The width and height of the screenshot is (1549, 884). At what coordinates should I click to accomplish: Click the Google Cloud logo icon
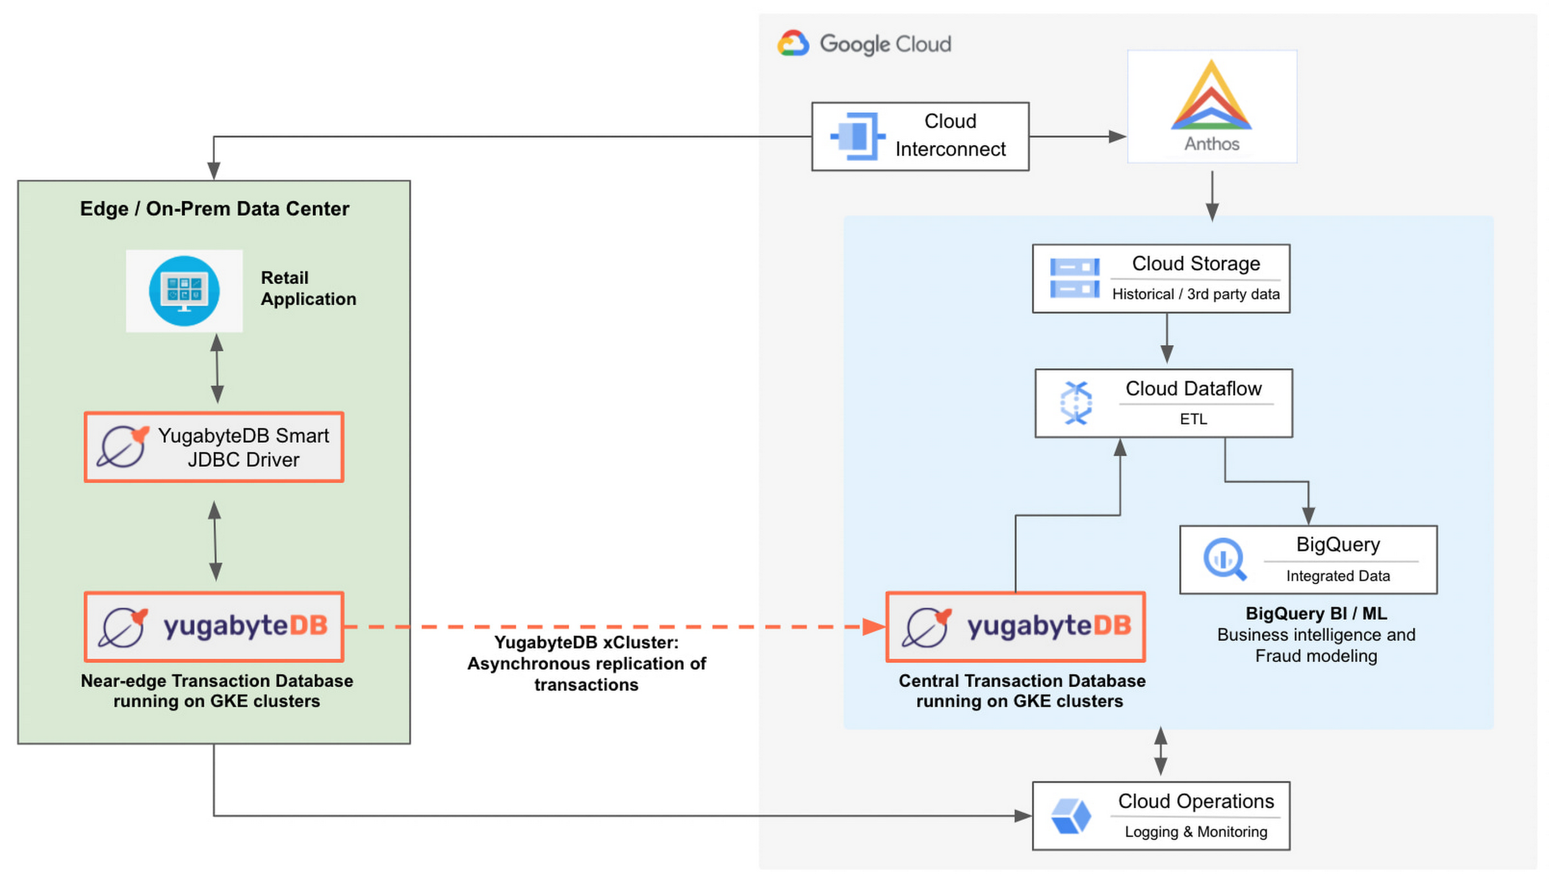pyautogui.click(x=792, y=43)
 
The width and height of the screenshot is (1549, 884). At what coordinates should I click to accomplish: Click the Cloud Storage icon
pyautogui.click(x=1074, y=278)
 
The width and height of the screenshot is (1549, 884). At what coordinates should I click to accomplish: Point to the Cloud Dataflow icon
pyautogui.click(x=1075, y=402)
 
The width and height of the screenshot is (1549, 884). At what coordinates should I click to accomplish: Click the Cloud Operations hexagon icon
pyautogui.click(x=1070, y=816)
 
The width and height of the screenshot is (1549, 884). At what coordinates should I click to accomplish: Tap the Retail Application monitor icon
pyautogui.click(x=184, y=290)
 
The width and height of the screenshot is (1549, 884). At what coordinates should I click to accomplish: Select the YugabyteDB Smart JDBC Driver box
pyautogui.click(x=214, y=447)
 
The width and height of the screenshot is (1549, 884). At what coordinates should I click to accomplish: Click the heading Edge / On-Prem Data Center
pyautogui.click(x=215, y=208)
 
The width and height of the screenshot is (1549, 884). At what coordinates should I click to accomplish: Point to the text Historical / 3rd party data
pyautogui.click(x=1195, y=294)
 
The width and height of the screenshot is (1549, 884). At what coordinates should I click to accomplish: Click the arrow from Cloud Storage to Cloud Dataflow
pyautogui.click(x=1166, y=338)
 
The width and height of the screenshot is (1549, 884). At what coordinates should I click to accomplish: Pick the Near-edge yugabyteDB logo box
pyautogui.click(x=214, y=626)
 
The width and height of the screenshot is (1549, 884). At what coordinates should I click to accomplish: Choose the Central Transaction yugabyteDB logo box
pyautogui.click(x=1015, y=626)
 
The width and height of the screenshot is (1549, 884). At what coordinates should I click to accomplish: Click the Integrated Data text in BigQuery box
pyautogui.click(x=1337, y=575)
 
